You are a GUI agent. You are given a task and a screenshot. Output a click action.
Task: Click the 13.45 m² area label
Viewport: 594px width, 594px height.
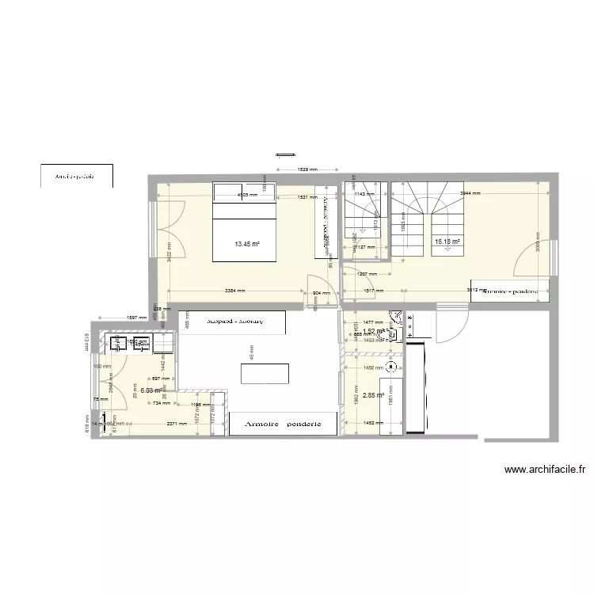[x=247, y=245]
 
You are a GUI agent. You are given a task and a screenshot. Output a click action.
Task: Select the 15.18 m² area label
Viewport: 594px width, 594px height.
[x=447, y=241]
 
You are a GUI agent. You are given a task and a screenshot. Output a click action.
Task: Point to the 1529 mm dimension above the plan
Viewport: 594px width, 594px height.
[x=307, y=169]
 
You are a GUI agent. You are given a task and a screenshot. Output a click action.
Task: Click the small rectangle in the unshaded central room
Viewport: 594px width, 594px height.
[x=265, y=373]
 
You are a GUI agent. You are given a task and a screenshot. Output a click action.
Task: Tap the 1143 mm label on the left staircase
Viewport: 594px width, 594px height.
[x=364, y=194]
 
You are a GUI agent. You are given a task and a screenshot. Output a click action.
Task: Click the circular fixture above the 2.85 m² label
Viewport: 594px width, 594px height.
[x=390, y=367]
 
